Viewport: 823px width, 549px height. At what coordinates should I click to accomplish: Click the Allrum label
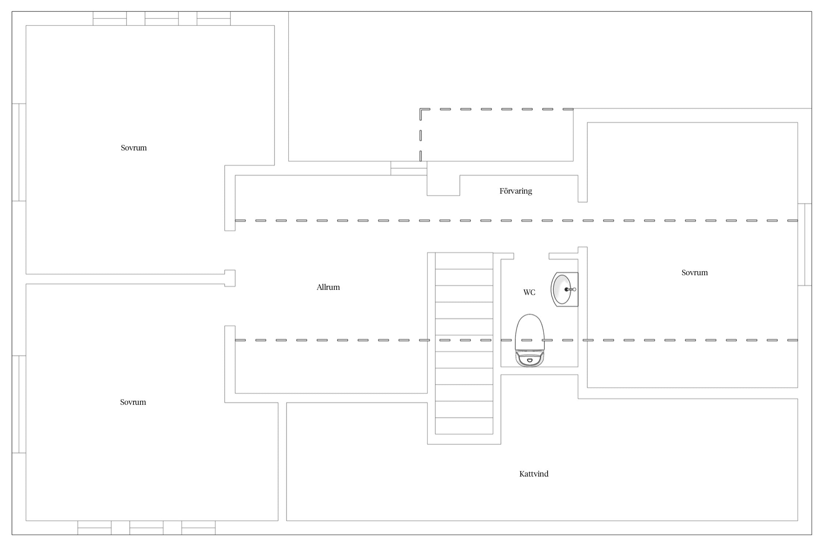328,287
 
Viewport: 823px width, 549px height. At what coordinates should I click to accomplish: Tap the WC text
529,292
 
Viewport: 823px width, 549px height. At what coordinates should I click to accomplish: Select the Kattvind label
534,474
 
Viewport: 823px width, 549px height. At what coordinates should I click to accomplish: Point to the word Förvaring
516,191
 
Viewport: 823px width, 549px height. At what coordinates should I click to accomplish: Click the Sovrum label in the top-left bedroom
134,148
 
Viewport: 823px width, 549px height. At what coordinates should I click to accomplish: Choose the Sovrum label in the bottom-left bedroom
133,402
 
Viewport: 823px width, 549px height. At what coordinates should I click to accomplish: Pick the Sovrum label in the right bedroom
695,273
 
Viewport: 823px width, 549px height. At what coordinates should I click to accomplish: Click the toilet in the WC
530,340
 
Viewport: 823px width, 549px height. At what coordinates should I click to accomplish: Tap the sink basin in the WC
561,289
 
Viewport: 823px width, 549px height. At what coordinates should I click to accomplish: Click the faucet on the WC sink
570,290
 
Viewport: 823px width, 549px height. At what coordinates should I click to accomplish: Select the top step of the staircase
464,261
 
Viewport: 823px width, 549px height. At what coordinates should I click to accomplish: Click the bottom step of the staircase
464,426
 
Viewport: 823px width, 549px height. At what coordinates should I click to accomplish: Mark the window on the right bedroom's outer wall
805,244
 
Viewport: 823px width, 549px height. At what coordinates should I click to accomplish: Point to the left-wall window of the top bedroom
19,152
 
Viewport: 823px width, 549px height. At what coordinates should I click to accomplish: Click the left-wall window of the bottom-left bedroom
19,404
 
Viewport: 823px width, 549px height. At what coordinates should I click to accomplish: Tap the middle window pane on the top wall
162,18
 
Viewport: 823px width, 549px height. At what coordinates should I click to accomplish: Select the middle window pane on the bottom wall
146,528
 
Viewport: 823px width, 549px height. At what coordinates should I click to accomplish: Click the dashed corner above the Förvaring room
421,109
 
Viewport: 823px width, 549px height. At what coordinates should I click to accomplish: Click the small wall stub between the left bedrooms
230,278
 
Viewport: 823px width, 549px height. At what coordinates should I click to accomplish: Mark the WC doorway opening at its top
531,256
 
